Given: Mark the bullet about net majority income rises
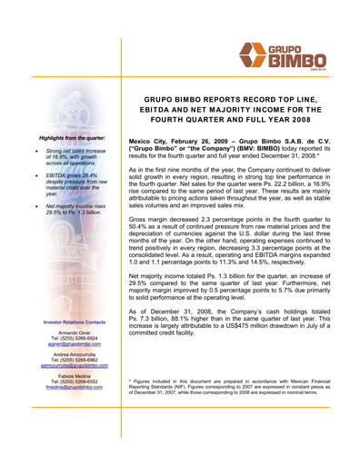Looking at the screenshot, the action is (75, 209).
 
